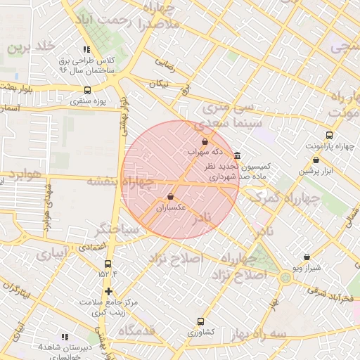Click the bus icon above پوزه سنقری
pyautogui.click(x=87, y=90)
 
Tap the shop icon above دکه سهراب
pyautogui.click(x=205, y=141)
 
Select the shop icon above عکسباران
pyautogui.click(x=171, y=197)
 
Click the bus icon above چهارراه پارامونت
pyautogui.click(x=330, y=135)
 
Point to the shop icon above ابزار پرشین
pyautogui.click(x=316, y=160)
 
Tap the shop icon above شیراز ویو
pyautogui.click(x=307, y=257)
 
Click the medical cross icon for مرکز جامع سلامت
pyautogui.click(x=108, y=290)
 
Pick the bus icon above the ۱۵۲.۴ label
pyautogui.click(x=108, y=264)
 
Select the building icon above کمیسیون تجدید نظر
pyautogui.click(x=238, y=155)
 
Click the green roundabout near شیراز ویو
pyautogui.click(x=285, y=277)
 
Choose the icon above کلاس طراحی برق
pyautogui.click(x=86, y=49)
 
